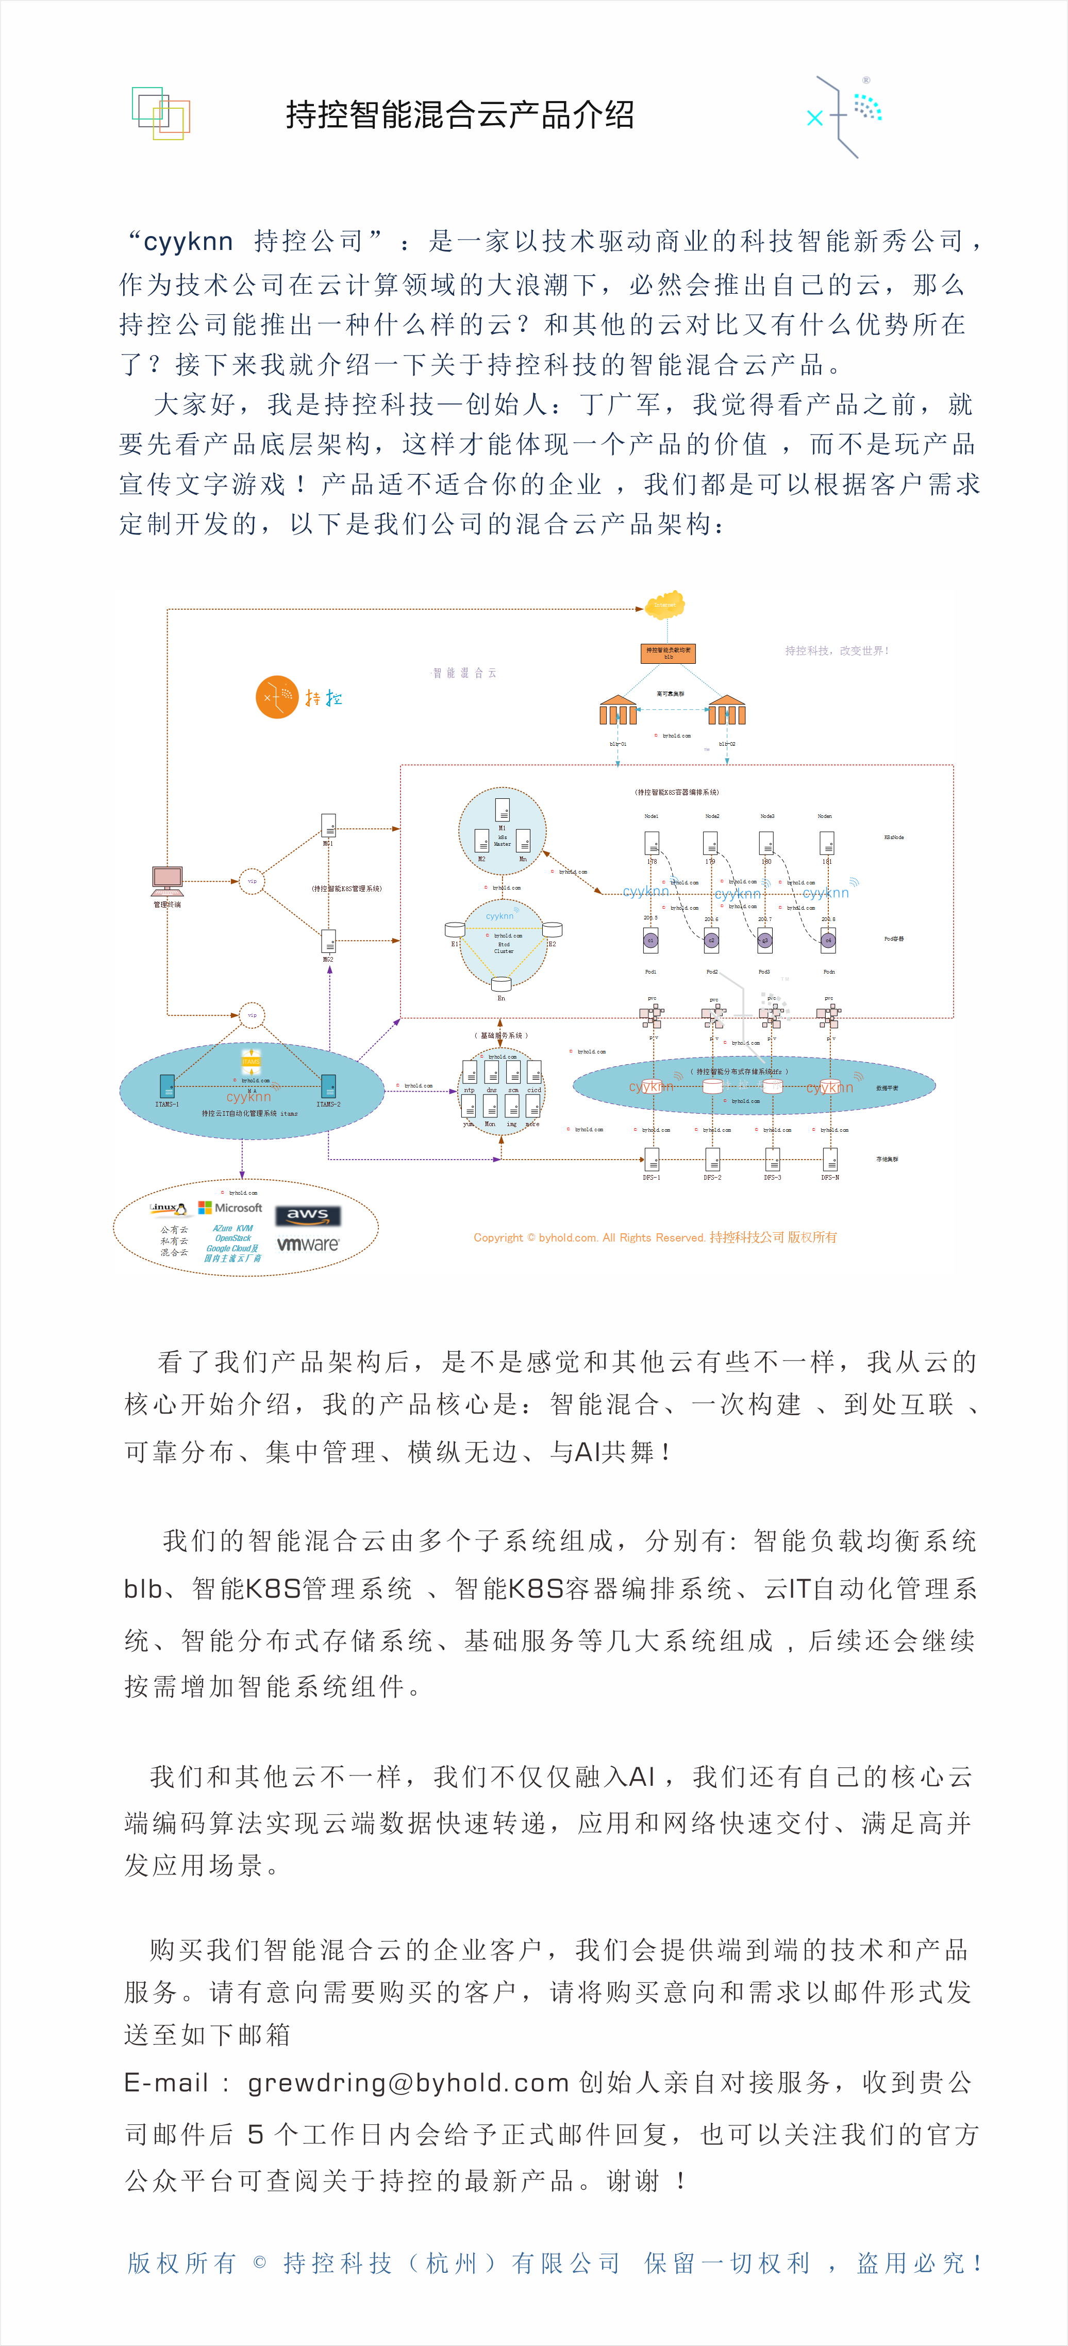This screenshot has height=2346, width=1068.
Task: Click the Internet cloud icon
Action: [x=665, y=604]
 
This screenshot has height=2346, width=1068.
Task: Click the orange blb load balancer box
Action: [x=669, y=653]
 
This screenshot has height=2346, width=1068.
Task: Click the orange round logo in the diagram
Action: [x=277, y=698]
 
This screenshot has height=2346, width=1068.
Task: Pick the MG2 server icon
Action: [x=329, y=941]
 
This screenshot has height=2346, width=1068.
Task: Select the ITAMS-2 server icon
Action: [x=329, y=1086]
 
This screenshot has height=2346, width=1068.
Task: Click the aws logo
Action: [x=308, y=1215]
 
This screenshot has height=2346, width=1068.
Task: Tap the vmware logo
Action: [x=308, y=1244]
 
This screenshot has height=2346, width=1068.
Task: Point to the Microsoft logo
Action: [x=230, y=1208]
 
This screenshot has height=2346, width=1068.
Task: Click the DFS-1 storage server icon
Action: [x=652, y=1159]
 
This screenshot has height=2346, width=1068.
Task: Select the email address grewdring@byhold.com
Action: [x=409, y=2083]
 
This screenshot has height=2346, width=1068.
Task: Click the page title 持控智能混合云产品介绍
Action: [x=460, y=115]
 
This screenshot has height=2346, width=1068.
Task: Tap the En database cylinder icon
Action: [x=501, y=983]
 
